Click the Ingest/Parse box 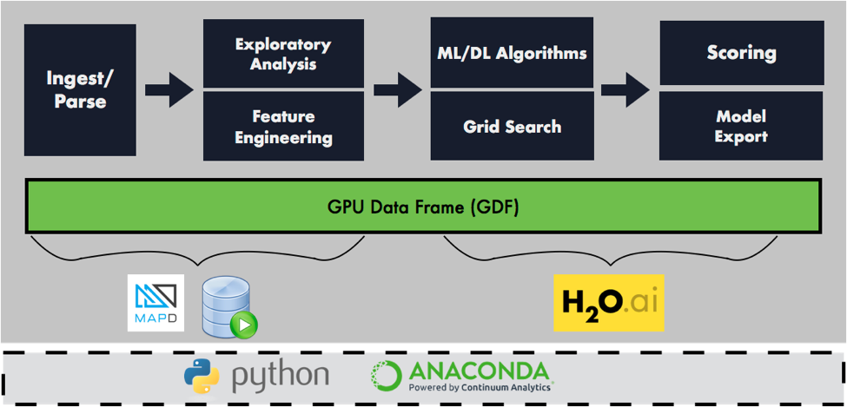click(x=80, y=89)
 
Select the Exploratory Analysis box click(x=282, y=53)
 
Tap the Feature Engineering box click(x=282, y=127)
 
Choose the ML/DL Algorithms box click(x=512, y=53)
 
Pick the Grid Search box click(x=512, y=127)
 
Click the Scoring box click(x=741, y=53)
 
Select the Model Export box click(x=741, y=127)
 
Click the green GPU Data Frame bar click(x=423, y=207)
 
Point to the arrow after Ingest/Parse click(x=169, y=89)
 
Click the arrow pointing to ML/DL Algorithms click(x=398, y=89)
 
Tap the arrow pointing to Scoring click(x=625, y=89)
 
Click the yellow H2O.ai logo click(x=608, y=303)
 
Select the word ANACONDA click(x=478, y=371)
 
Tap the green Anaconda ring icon click(x=387, y=376)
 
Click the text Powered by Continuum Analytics click(x=480, y=388)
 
